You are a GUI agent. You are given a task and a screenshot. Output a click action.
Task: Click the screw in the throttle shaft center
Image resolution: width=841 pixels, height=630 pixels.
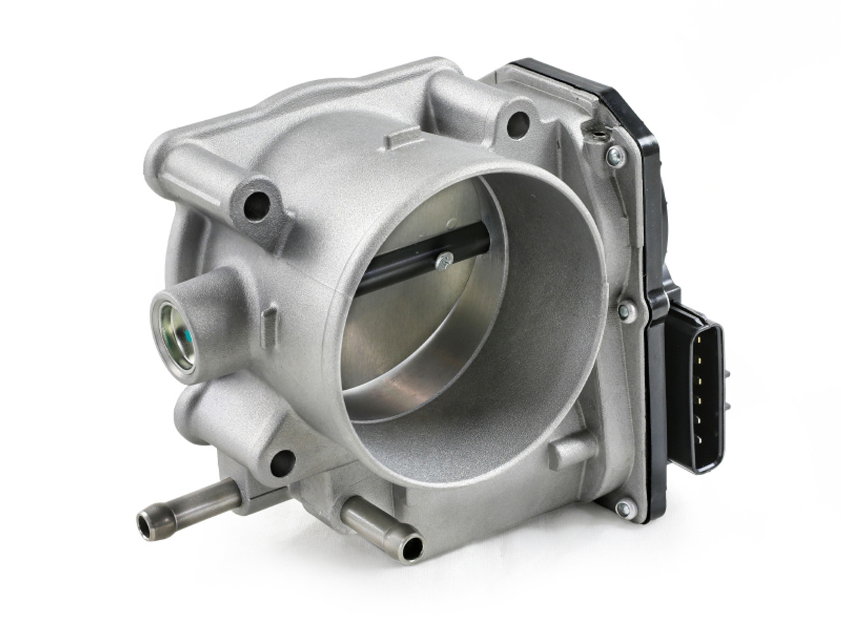[445, 261]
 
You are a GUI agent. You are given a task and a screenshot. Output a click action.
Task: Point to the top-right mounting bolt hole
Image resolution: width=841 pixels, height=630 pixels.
[518, 121]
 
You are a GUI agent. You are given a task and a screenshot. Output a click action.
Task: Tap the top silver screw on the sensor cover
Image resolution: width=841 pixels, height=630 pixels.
[616, 154]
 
